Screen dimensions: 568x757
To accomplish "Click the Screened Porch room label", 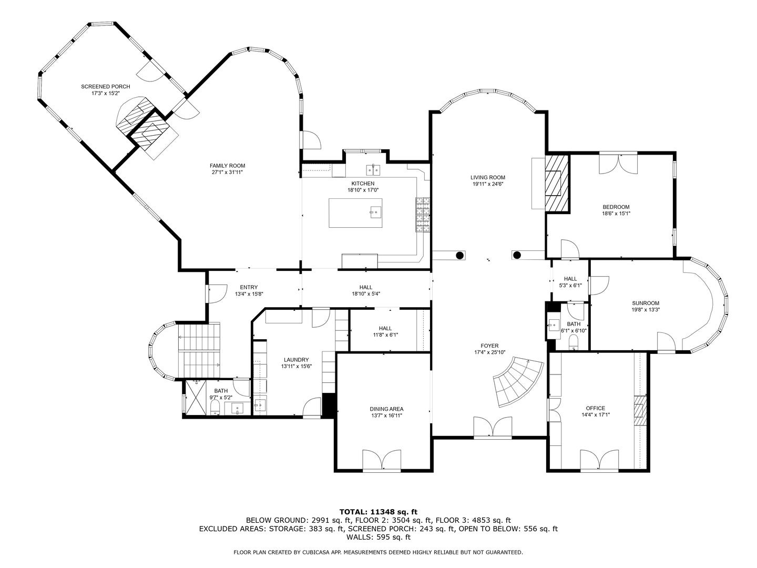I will click(x=105, y=86).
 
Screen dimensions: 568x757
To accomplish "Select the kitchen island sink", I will click(x=375, y=212).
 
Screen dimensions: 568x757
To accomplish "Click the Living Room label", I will click(x=487, y=177).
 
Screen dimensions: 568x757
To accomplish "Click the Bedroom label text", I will click(x=616, y=207).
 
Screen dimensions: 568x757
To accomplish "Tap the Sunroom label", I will click(x=645, y=303).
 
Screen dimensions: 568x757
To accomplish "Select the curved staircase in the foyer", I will click(x=518, y=381).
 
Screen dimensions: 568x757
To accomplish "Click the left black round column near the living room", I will click(x=459, y=256).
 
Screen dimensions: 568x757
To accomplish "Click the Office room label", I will click(x=595, y=408).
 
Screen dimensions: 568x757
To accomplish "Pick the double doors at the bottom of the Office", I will click(x=599, y=459).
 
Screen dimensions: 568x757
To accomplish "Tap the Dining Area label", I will click(x=386, y=409).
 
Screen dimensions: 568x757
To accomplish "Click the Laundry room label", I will click(x=294, y=360).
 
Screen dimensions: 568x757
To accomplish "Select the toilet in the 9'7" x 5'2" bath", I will click(x=214, y=408).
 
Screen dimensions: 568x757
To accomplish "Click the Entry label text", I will click(x=249, y=287).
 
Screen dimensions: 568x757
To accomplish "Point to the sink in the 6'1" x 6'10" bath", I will click(x=554, y=324).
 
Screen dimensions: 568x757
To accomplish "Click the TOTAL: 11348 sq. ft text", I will click(x=378, y=511).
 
